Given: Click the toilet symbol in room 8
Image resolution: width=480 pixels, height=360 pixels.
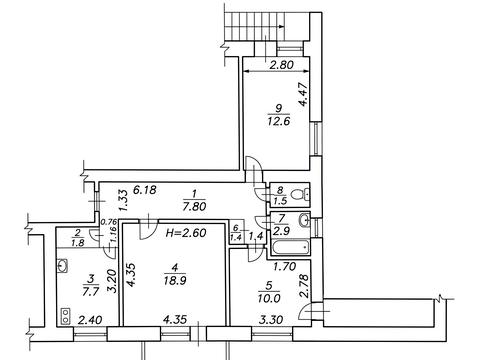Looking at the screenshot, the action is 300,194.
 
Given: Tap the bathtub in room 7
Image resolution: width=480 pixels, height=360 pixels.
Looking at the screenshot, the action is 290,248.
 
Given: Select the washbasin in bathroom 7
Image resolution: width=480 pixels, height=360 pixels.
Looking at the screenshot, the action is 304,220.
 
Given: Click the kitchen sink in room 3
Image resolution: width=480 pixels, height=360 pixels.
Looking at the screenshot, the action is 63,266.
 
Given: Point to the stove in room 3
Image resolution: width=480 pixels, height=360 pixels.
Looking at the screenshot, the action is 65,316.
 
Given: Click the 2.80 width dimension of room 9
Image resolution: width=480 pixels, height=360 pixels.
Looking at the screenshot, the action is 282,64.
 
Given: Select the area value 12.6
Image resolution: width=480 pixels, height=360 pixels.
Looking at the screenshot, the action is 278,121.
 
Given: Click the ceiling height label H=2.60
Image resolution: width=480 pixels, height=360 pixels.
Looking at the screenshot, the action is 186,232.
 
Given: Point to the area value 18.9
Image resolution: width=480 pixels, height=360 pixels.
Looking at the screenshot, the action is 175,281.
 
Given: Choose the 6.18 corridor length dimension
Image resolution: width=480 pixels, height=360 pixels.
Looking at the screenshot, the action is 144,190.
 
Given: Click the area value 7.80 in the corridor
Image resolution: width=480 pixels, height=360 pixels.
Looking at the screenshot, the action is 194,206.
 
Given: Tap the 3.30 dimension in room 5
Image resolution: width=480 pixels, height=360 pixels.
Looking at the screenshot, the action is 271,320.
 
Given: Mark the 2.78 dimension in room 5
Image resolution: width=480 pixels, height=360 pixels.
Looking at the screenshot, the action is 304,285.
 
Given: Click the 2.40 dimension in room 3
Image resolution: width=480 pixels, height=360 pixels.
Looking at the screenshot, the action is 90,320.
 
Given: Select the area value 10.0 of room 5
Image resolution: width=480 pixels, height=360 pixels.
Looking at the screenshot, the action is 269,298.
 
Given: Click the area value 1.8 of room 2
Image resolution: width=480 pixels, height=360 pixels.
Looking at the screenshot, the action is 77,243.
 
